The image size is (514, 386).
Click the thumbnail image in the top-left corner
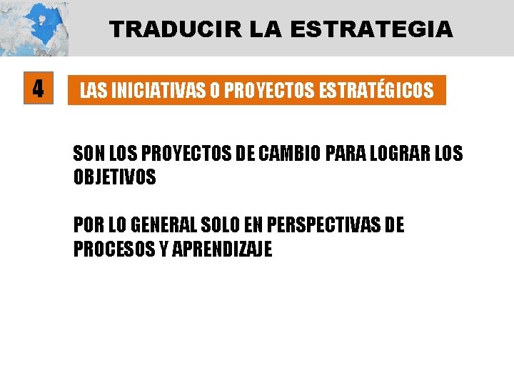tap(34, 28)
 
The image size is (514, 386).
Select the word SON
tap(88, 153)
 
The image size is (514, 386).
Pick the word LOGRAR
tap(391, 153)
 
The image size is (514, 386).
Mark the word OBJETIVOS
tap(114, 177)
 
